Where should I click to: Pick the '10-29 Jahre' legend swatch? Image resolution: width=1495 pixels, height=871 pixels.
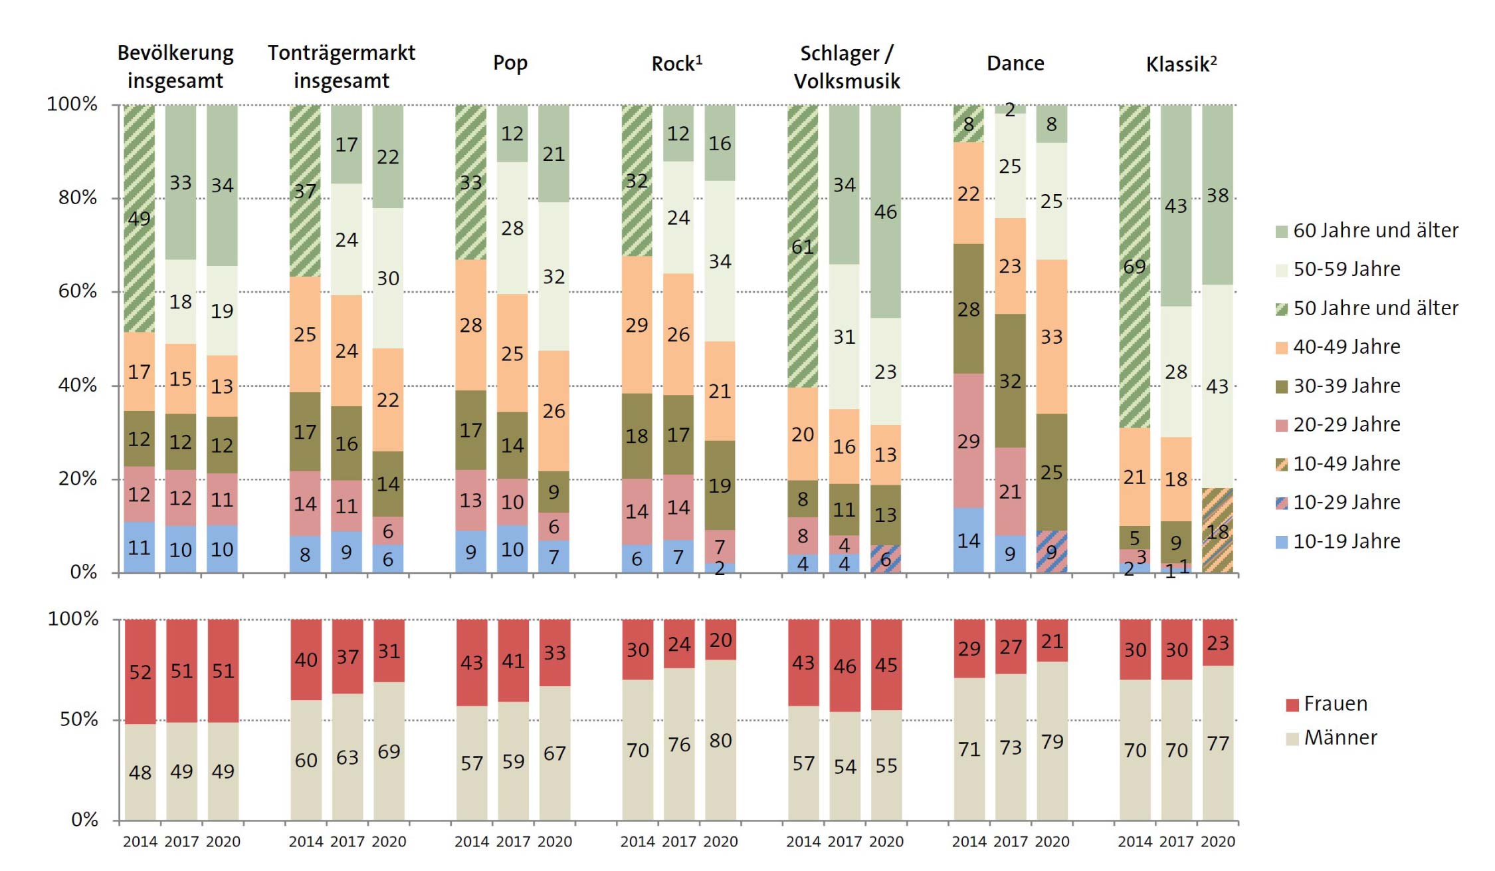pos(1282,503)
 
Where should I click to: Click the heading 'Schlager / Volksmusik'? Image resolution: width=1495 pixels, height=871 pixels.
pos(847,66)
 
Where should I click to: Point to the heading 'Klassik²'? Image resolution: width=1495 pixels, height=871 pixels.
pos(1181,64)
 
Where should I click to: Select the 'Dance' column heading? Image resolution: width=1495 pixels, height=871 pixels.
pos(1015,63)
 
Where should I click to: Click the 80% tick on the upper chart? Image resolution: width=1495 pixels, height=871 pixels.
pos(78,198)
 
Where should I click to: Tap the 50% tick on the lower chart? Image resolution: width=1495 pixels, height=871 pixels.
pos(79,720)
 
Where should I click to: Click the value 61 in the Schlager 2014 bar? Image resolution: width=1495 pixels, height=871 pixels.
pos(803,247)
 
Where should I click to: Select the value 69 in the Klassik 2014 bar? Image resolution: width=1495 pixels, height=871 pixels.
pos(1134,267)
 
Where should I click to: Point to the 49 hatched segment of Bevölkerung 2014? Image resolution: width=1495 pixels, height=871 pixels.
pos(140,218)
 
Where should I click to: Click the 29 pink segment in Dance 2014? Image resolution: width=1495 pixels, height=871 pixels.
pos(969,441)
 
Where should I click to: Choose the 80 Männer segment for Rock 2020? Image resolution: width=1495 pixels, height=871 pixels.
pos(720,740)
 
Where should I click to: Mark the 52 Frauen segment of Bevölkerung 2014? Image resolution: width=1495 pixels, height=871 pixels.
pos(140,672)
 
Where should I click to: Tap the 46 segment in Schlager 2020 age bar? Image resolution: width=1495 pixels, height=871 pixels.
pos(886,212)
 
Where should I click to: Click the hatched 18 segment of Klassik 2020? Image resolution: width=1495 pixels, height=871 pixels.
pos(1217,531)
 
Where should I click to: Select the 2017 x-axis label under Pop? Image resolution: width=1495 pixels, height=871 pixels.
pos(513,842)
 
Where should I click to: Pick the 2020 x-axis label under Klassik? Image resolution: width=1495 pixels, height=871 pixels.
pos(1218,842)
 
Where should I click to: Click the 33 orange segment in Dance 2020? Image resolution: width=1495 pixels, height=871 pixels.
pos(1052,336)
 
